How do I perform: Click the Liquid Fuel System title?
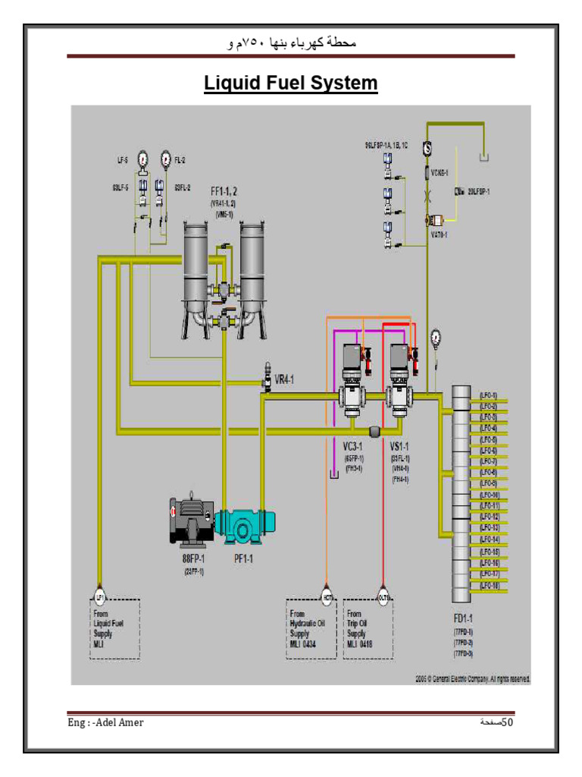pos(290,82)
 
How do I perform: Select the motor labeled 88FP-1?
pos(191,521)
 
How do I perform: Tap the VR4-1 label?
pos(283,379)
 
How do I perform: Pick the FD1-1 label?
pos(463,619)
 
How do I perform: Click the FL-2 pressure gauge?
pos(165,159)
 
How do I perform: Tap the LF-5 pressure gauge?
pos(142,159)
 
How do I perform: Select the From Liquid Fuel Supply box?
pos(114,629)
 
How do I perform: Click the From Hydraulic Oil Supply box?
pos(311,628)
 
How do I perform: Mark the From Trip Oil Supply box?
pos(368,628)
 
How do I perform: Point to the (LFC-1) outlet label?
pos(489,395)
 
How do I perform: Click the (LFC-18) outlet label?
pos(489,587)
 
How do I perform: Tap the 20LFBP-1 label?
pos(476,192)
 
